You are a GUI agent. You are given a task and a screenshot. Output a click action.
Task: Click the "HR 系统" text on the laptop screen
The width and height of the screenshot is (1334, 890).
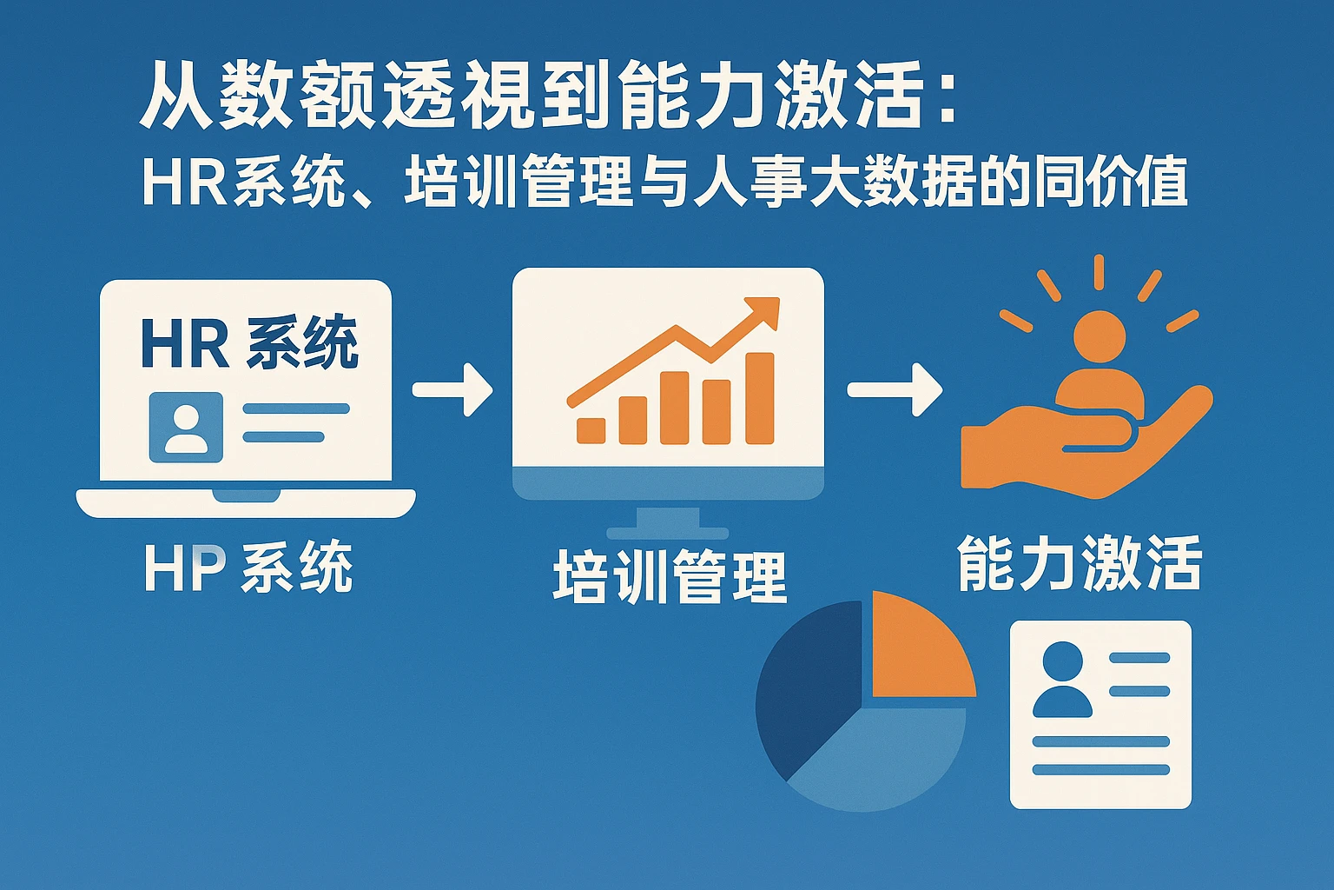coord(250,342)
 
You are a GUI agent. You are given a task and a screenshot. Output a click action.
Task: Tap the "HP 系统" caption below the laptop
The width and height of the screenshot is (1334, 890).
coord(249,567)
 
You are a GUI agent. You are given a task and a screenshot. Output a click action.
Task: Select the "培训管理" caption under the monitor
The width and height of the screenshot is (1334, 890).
coord(670,577)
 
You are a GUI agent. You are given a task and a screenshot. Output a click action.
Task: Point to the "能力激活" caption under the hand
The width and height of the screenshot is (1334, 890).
coord(1080,562)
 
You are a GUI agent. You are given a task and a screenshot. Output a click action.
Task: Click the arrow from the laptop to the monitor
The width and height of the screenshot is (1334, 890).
coord(452,389)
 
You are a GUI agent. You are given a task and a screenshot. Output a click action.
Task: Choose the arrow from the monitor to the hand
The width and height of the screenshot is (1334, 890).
coord(895,389)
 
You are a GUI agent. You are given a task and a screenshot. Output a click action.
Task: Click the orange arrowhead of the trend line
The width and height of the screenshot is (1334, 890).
coord(761,312)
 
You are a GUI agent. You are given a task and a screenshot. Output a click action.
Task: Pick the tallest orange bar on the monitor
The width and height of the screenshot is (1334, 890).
coord(760,398)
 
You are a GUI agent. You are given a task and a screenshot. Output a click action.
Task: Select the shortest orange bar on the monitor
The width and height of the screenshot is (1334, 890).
coord(591,430)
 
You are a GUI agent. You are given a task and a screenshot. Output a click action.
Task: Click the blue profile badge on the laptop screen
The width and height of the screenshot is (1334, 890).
coord(186,428)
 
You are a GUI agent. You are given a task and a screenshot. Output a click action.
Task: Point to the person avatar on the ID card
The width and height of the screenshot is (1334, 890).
coord(1062,680)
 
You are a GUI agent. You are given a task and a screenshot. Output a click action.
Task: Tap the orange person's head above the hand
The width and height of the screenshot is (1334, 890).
coord(1100,336)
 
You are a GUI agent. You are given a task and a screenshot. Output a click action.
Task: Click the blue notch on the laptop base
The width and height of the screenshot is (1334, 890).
coord(247,496)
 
